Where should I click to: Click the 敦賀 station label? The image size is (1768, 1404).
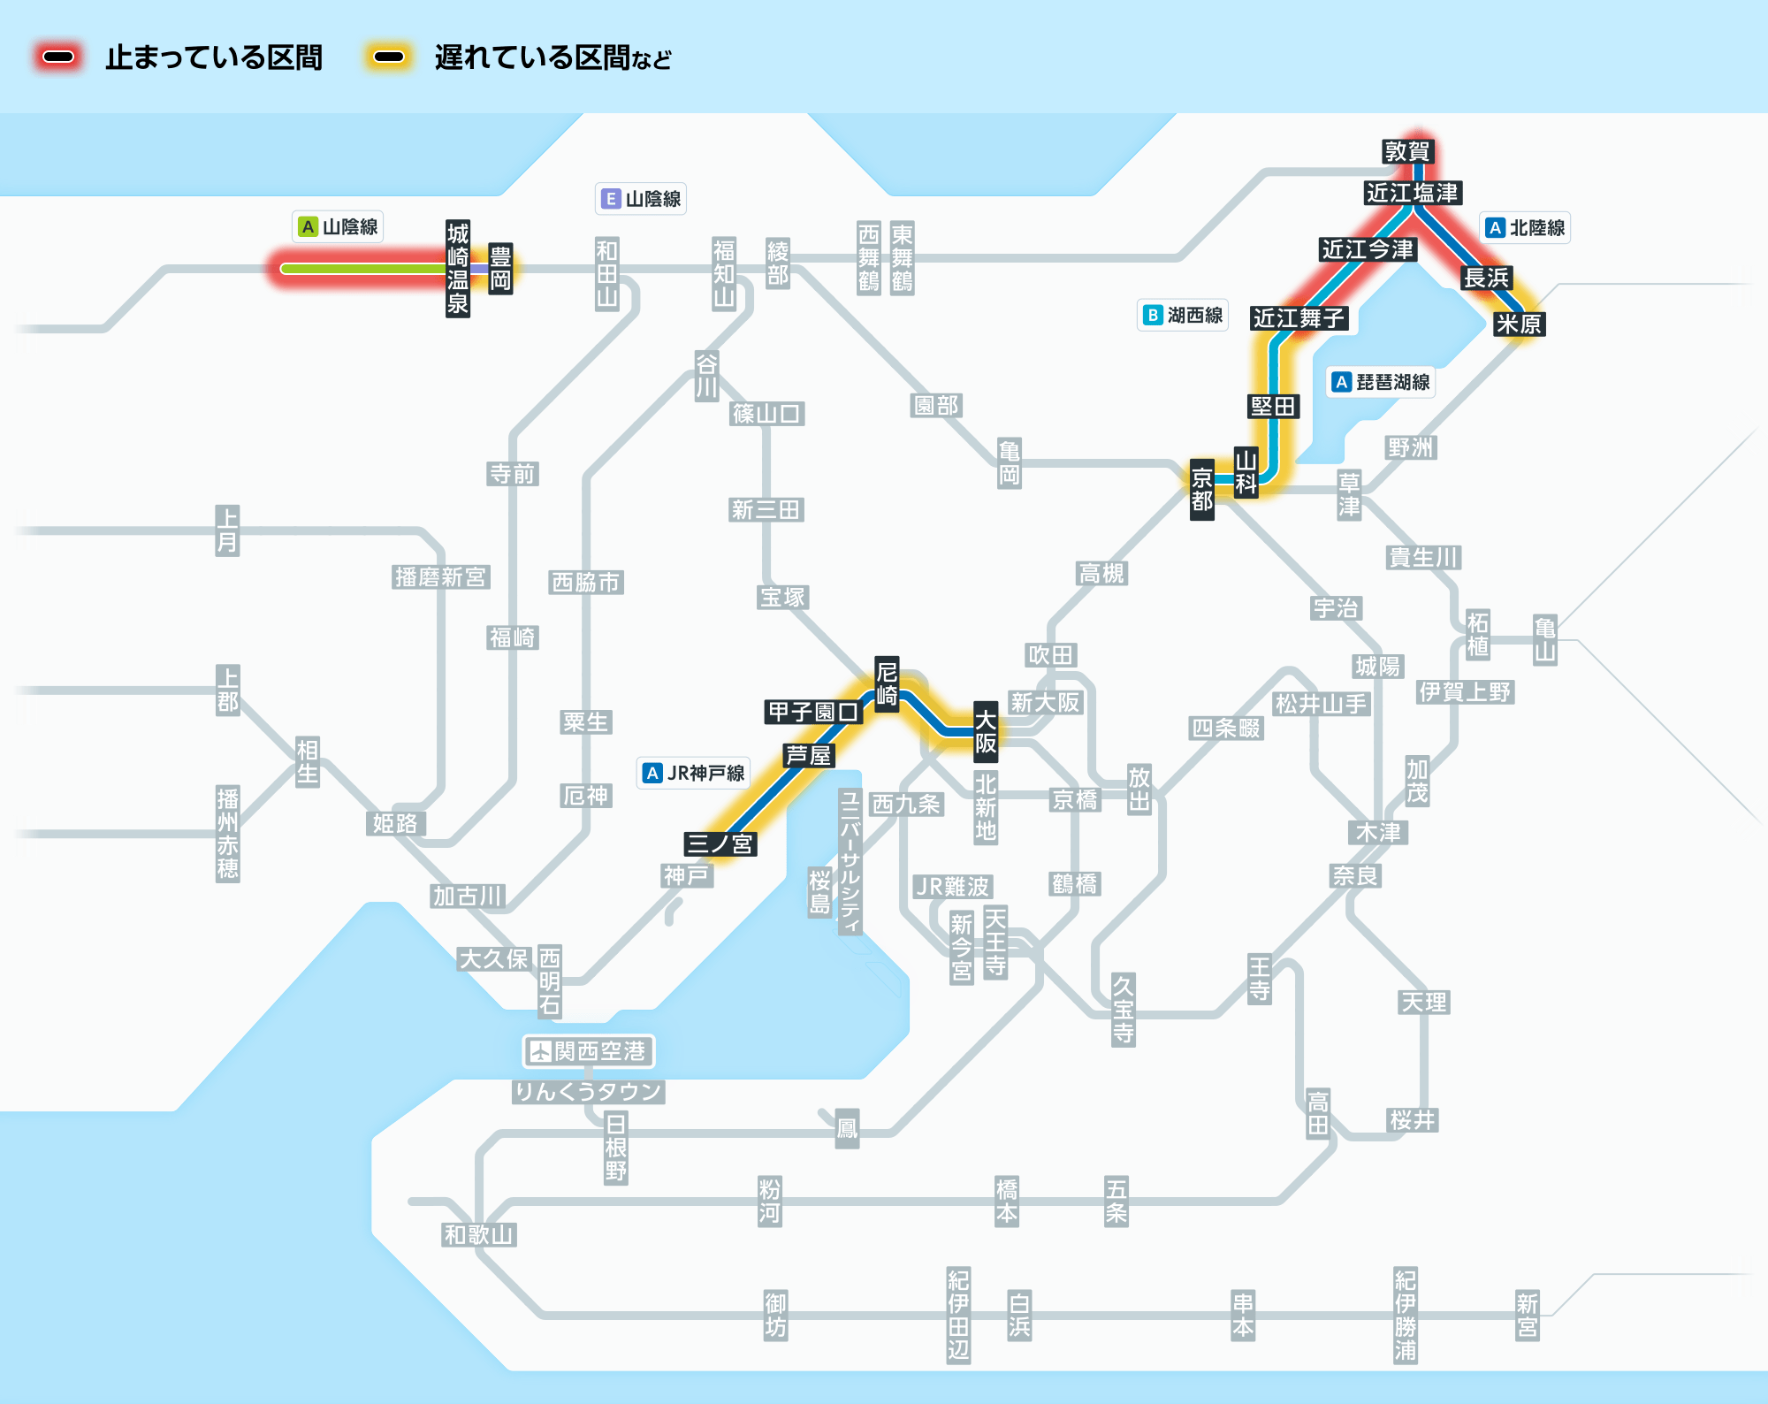click(1407, 151)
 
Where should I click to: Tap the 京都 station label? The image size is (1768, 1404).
click(1202, 490)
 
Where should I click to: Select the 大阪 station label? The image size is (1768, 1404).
click(986, 731)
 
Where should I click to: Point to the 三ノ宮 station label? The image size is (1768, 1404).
click(720, 844)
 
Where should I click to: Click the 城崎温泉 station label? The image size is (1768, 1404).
click(458, 269)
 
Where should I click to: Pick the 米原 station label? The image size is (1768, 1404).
click(1519, 324)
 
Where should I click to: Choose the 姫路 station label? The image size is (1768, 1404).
click(395, 824)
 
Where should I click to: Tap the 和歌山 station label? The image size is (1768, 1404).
click(479, 1235)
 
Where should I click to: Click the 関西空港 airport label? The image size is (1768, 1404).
click(589, 1051)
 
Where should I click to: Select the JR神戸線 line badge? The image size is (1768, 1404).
click(694, 774)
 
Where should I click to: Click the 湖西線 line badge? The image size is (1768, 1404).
click(1183, 316)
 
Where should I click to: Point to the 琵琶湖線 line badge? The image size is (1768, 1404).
click(1382, 382)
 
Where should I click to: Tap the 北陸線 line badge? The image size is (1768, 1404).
click(1526, 228)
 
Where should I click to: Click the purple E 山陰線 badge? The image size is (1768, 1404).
click(641, 199)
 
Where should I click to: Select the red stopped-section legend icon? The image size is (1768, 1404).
click(58, 57)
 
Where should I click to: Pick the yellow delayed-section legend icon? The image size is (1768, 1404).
click(389, 57)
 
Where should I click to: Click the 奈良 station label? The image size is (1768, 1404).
click(1356, 876)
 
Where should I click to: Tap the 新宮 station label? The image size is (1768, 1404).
click(1528, 1316)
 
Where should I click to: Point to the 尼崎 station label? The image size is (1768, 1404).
click(887, 684)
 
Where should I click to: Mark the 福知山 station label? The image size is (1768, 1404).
click(724, 273)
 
